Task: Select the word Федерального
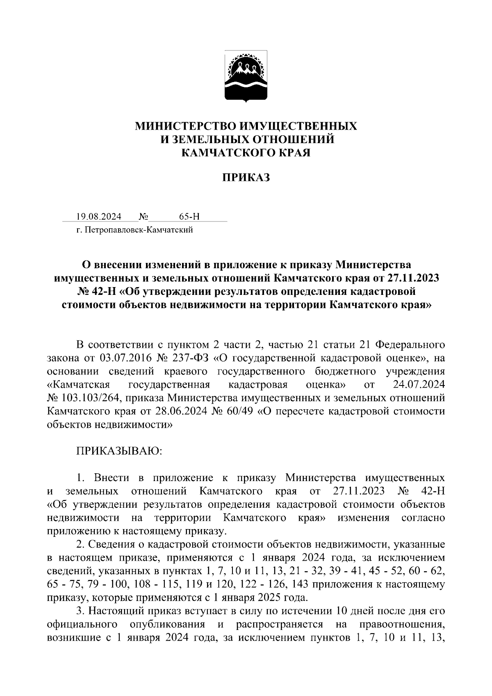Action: click(410, 345)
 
